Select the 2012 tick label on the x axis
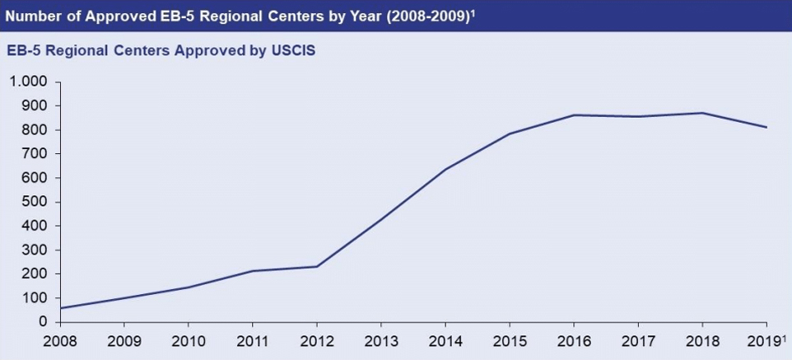[317, 340]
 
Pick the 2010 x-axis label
[189, 340]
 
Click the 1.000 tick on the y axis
[29, 82]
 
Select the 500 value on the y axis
[36, 202]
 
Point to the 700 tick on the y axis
[36, 154]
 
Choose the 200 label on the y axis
[36, 274]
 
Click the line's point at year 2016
[574, 115]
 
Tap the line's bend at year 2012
[317, 266]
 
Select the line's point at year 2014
[445, 170]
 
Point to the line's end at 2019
[766, 128]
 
